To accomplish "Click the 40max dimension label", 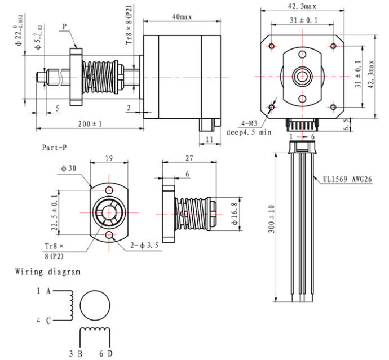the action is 182,17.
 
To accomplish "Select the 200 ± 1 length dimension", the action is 90,124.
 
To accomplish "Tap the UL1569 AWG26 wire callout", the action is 347,179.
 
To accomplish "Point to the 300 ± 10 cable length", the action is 272,219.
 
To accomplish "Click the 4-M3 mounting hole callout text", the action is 249,123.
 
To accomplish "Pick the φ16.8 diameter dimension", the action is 235,214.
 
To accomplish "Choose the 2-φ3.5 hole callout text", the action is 144,246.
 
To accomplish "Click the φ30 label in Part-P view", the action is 69,168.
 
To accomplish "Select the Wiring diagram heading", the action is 48,272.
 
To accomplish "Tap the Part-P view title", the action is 54,148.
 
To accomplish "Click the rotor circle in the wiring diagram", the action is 95,305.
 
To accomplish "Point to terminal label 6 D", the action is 106,354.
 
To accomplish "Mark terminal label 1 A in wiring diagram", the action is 43,291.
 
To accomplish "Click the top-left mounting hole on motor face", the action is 272,46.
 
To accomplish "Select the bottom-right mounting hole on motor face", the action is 333,107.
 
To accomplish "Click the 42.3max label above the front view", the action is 302,6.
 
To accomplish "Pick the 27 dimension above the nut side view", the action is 189,158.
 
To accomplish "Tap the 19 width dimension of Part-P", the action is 109,158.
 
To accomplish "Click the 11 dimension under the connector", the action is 210,139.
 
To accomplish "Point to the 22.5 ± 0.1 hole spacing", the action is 55,212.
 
